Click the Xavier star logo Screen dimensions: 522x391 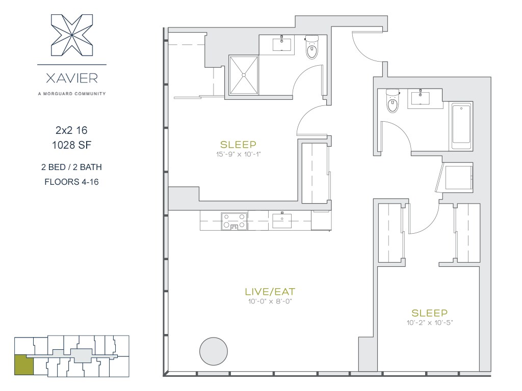coord(72,35)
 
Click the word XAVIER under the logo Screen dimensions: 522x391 coord(72,78)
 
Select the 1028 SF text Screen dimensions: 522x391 coord(71,145)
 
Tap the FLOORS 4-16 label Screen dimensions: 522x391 coord(71,182)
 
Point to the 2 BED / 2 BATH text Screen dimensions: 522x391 coord(71,167)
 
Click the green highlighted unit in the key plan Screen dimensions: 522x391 coord(24,365)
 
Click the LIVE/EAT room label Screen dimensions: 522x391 coord(270,292)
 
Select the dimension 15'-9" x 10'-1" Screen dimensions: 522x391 coord(239,154)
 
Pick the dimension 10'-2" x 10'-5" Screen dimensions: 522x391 coord(429,322)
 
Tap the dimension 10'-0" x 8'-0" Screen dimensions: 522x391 coord(270,301)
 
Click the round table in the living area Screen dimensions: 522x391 coord(214,351)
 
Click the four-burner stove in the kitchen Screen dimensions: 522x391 coord(234,221)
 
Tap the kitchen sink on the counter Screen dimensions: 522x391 coord(282,220)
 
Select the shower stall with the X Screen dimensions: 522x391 coord(244,75)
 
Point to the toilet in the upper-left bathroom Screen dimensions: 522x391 coord(312,47)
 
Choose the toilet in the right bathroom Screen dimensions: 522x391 coord(393,101)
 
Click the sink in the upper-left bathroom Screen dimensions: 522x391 coord(282,44)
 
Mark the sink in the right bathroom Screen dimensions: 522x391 coord(420,98)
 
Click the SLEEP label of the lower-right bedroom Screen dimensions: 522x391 coord(429,313)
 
